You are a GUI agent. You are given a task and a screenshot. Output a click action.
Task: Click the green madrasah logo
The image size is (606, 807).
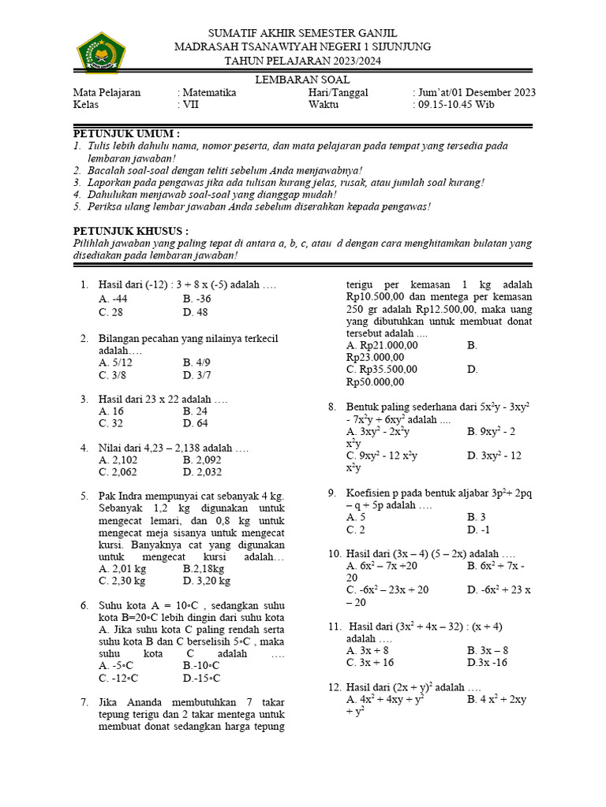coord(101,54)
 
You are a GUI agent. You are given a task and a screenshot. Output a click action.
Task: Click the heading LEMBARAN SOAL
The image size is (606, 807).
coord(302,80)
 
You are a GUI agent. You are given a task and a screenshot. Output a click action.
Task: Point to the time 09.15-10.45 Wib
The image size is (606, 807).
coord(456,104)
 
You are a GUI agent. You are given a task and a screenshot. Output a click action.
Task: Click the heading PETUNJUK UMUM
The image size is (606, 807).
coord(126,133)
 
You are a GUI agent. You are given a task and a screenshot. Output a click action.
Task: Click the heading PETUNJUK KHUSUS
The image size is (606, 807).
coord(131,231)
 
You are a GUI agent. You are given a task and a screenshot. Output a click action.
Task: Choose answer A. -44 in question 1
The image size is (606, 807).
coord(113,299)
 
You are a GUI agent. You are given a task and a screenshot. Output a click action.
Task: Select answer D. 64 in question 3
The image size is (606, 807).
coord(195,423)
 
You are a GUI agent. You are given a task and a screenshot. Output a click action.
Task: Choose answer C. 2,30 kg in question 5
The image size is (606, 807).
coord(122,581)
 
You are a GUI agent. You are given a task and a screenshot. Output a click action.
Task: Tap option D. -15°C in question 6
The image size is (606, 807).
coord(201,678)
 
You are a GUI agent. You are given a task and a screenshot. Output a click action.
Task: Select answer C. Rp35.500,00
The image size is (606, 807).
coord(382,369)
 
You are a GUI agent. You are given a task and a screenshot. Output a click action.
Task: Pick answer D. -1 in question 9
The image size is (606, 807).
coord(479,530)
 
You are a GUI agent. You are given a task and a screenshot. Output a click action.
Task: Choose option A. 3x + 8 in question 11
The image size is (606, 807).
coord(367,651)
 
